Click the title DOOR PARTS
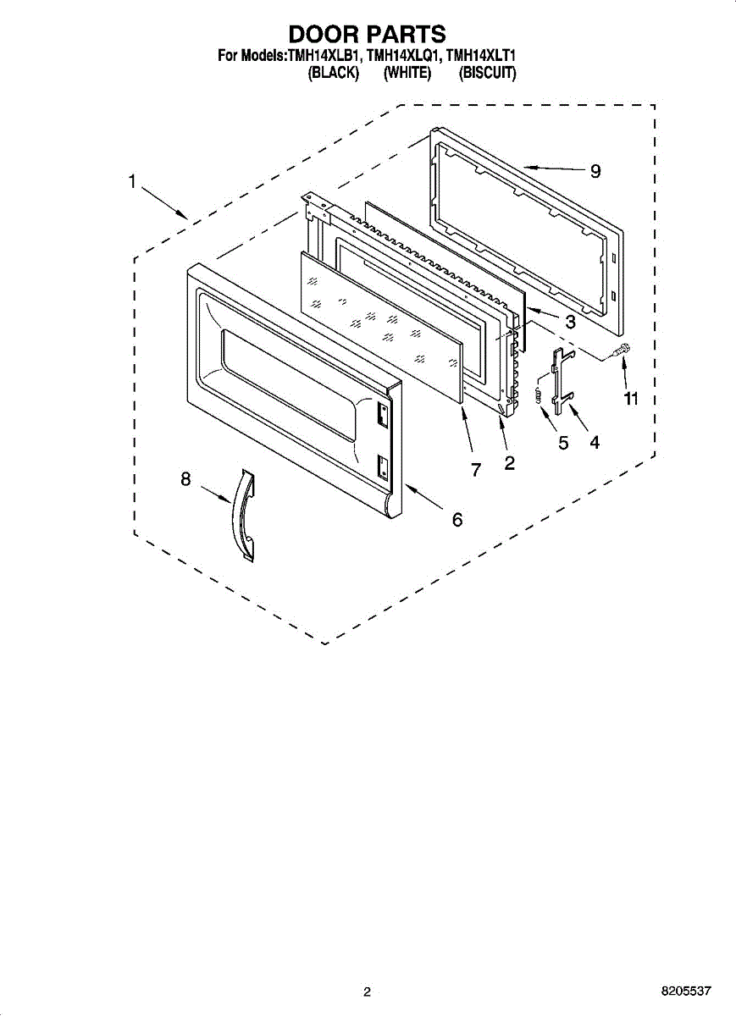(367, 34)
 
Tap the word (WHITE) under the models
(407, 74)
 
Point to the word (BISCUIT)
(487, 74)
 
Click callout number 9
(595, 171)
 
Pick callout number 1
(132, 180)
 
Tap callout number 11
(630, 398)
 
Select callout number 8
(185, 479)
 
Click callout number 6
(457, 519)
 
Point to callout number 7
(476, 470)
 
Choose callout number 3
(570, 322)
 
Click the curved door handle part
(243, 516)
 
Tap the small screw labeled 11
(623, 348)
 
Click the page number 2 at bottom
(367, 991)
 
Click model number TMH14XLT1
(481, 57)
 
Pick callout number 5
(563, 442)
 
